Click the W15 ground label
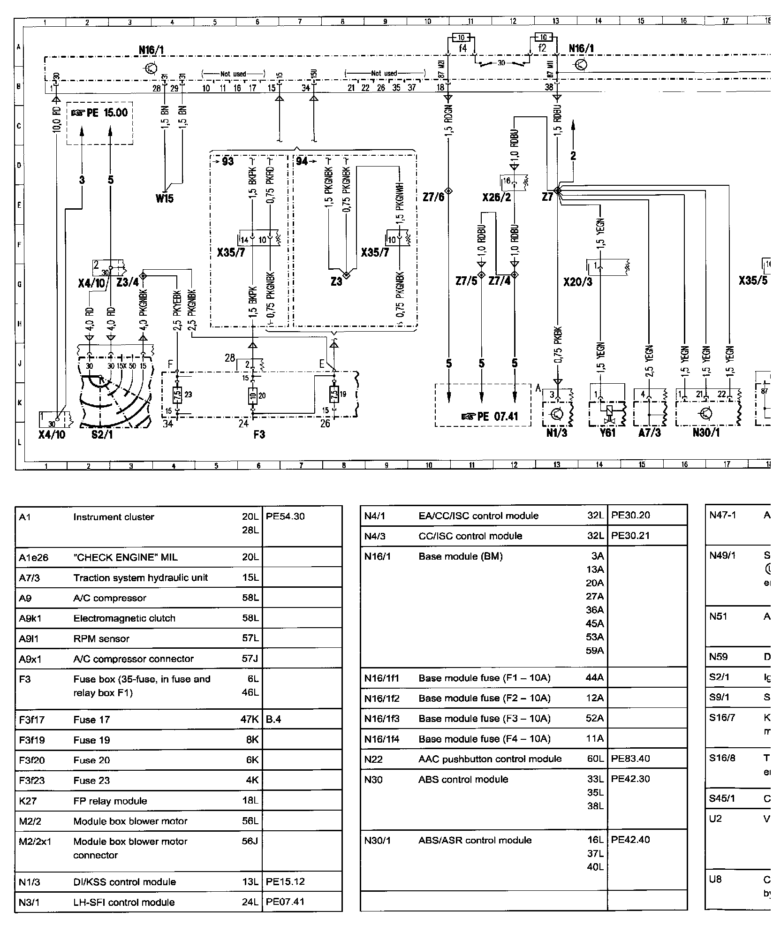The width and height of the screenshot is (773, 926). pos(165,199)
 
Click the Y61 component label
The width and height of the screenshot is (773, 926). pos(607,433)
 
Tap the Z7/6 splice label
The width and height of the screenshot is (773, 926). pos(433,198)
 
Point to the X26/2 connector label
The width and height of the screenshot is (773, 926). pos(497,197)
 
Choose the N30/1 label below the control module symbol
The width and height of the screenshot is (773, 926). pos(706,433)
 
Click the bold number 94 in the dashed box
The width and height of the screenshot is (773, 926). pos(303,162)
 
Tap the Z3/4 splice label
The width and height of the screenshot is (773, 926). pos(128,282)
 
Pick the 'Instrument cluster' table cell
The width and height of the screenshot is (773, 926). pos(114,517)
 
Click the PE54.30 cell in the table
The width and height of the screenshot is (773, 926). pos(285,516)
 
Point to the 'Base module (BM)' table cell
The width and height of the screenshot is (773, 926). pos(461,556)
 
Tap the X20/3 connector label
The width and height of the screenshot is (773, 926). pos(578,282)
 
